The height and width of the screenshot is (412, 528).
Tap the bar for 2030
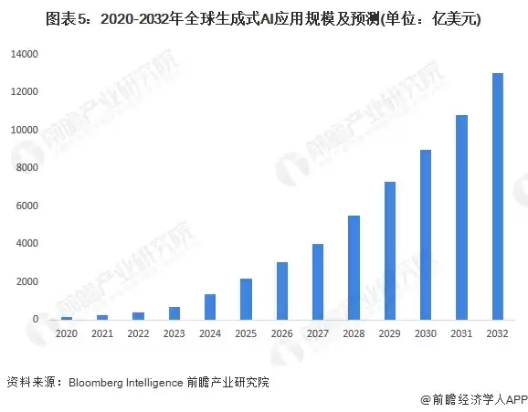tap(426, 235)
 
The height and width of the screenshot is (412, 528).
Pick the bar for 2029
tap(389, 250)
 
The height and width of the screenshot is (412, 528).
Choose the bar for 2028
tap(354, 268)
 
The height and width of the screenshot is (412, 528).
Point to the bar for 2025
tap(246, 299)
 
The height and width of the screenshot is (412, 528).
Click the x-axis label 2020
tap(66, 334)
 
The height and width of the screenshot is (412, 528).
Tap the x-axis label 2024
tap(210, 334)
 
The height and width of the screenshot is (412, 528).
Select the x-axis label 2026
tap(281, 334)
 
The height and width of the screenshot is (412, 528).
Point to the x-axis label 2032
tap(497, 334)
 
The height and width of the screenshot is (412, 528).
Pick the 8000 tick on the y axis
tap(27, 168)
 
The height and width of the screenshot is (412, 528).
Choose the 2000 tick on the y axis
tap(27, 281)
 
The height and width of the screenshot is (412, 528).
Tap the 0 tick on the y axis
tap(35, 320)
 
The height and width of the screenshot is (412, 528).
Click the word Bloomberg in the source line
tap(97, 381)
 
